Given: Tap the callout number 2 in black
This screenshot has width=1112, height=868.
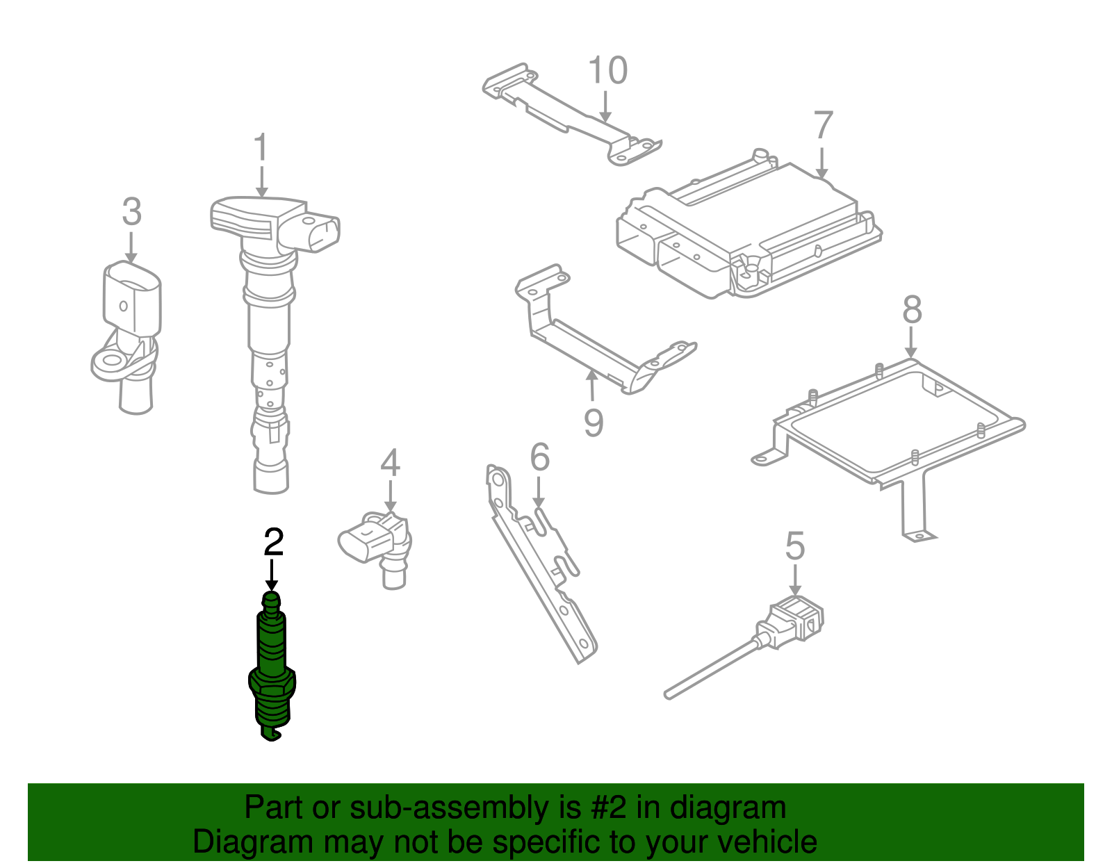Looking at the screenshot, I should tap(273, 542).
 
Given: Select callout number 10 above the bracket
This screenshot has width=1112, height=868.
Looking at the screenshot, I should tap(607, 71).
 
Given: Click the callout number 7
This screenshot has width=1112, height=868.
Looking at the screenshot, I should tap(823, 126).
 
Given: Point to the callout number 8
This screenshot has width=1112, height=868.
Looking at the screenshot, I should tap(912, 310).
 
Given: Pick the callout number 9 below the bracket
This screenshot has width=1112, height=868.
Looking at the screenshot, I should tap(593, 423).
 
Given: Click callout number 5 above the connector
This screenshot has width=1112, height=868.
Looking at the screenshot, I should tap(795, 546).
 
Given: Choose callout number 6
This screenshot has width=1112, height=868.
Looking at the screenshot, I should tap(539, 458).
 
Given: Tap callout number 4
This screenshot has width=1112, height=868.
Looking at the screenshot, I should tap(390, 463).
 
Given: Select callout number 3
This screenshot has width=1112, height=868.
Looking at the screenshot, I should tap(131, 212).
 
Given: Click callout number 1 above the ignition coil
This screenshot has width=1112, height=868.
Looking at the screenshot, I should tap(261, 149).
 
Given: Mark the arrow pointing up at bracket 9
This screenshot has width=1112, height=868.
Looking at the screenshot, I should tap(591, 385).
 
